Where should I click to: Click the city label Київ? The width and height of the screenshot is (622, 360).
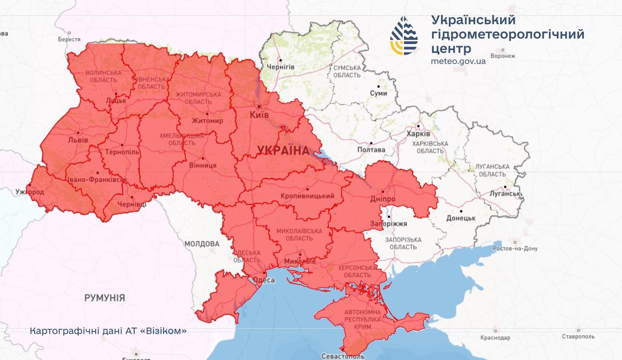click(259, 115)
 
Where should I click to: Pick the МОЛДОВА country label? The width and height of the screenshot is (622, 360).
click(202, 244)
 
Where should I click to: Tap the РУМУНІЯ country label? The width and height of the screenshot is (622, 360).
click(105, 298)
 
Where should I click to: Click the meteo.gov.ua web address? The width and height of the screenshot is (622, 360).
click(458, 61)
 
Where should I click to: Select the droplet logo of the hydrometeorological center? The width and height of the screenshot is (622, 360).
click(404, 36)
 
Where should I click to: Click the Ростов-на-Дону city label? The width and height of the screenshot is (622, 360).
click(515, 248)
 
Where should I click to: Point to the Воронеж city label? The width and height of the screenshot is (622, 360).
click(502, 56)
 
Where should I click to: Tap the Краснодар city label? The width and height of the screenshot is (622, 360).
click(495, 337)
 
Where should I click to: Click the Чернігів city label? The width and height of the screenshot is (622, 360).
click(280, 67)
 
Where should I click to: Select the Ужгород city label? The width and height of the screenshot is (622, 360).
click(29, 192)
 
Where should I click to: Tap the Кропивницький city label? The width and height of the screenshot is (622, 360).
click(307, 196)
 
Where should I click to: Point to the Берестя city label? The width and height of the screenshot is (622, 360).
click(69, 39)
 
